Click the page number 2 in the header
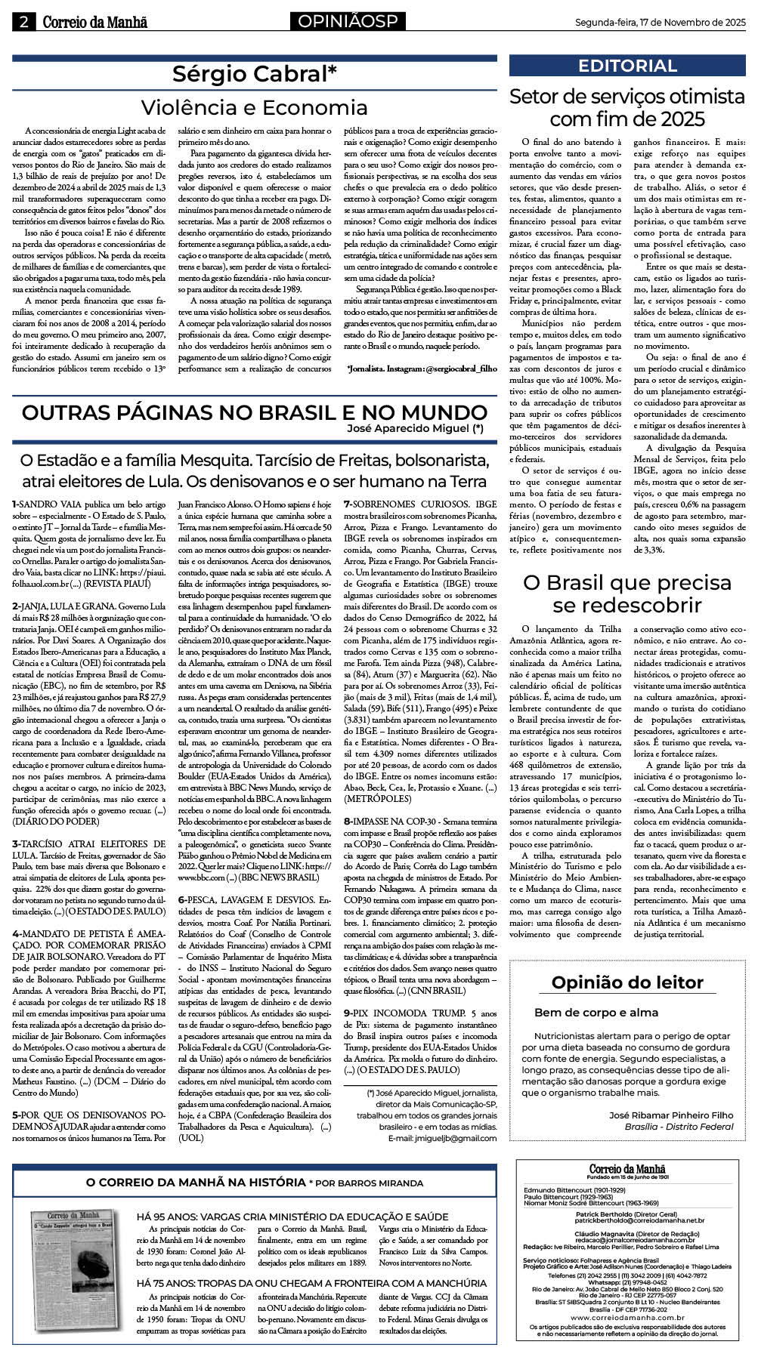pos(23,22)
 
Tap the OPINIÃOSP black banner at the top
pos(347,22)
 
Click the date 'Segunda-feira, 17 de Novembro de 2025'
pos(660,23)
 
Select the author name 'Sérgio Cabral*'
pos(254,74)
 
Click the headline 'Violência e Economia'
pos(254,107)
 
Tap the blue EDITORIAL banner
pos(627,66)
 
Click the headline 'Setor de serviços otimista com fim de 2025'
pos(627,108)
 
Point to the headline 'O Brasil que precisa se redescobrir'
pos(627,594)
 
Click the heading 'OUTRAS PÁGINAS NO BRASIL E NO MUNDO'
pos(254,412)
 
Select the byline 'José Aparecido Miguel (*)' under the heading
pos(415,428)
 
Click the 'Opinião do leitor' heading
pos(627,982)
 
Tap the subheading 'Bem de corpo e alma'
pos(596,1013)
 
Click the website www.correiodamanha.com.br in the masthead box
pos(627,1317)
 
